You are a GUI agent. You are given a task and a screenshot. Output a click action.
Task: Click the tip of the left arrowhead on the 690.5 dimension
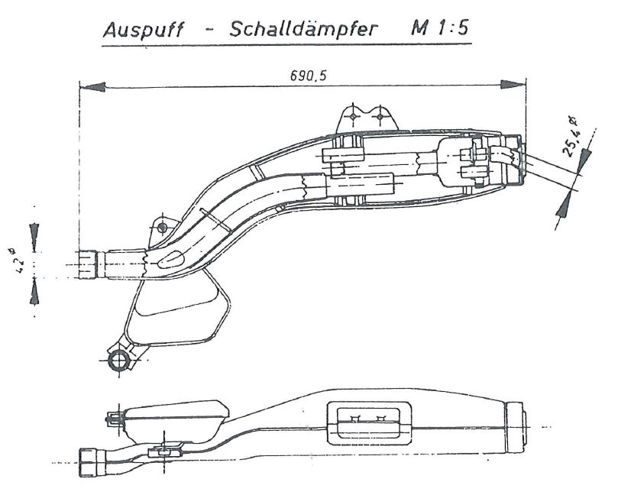80,86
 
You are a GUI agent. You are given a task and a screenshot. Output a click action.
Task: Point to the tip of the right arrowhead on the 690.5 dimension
526,84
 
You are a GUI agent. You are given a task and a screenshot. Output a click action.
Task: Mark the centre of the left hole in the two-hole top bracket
353,116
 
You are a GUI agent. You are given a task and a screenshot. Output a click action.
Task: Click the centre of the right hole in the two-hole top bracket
380,116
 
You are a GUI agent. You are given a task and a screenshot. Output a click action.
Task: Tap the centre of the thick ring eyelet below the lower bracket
118,361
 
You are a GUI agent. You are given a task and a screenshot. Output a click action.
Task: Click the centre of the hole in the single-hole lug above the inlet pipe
162,228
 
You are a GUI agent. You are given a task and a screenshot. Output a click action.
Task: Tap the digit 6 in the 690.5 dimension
294,76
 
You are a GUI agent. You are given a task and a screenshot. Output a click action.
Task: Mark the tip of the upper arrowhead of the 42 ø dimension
34,251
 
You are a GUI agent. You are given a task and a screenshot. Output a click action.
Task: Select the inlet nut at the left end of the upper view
88,264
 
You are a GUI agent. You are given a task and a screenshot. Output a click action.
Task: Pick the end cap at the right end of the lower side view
515,428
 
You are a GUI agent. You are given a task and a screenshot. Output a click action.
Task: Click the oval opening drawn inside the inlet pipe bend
170,258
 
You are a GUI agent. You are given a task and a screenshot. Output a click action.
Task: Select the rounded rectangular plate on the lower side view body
369,423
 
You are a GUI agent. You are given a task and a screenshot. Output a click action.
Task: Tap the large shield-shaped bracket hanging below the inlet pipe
177,312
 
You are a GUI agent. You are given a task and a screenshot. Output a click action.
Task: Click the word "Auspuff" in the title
144,30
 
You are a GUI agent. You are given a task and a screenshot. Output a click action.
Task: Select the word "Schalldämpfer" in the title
303,28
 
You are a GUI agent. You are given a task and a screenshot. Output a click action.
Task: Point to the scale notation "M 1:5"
440,27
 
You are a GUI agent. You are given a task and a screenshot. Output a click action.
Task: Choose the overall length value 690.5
308,76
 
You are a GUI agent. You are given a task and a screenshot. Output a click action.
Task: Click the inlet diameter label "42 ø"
18,260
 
